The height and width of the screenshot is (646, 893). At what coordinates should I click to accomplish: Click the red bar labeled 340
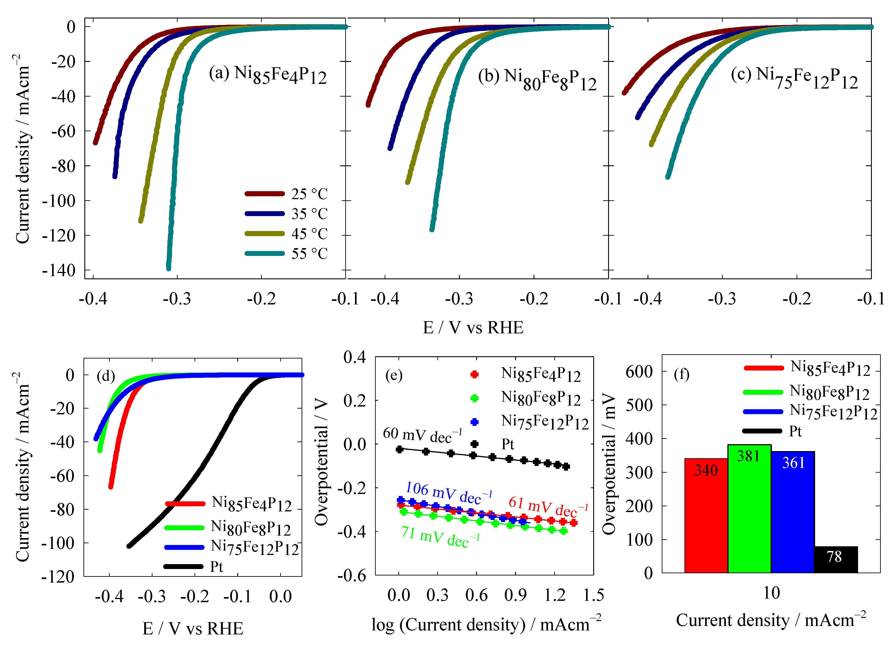coord(706,516)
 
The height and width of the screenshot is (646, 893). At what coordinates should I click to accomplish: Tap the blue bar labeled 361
coord(793,512)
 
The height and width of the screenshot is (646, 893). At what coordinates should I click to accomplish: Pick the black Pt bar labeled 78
coord(836,559)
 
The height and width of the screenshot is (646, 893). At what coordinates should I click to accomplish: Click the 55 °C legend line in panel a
coord(265,253)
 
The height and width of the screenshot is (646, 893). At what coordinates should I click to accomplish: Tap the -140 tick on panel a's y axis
coord(59,270)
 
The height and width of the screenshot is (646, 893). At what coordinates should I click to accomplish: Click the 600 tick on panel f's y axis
coord(639,371)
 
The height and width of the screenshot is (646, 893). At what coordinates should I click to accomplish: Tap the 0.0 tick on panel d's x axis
coord(280,596)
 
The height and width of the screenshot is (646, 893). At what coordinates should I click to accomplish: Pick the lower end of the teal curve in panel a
coord(168,268)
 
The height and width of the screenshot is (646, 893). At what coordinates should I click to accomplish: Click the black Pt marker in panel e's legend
coord(475,444)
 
